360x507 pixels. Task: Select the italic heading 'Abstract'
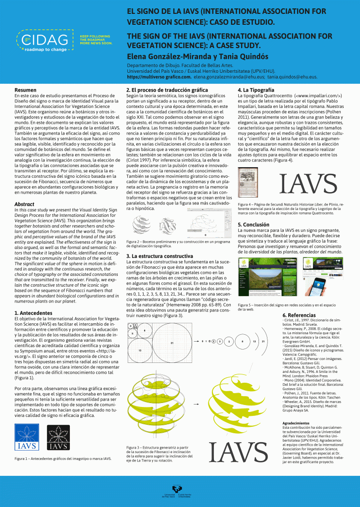(x=24, y=204)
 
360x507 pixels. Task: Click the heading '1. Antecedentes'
(x=33, y=313)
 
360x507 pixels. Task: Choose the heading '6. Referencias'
(x=299, y=315)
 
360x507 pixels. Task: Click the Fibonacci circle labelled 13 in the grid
(x=140, y=350)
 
